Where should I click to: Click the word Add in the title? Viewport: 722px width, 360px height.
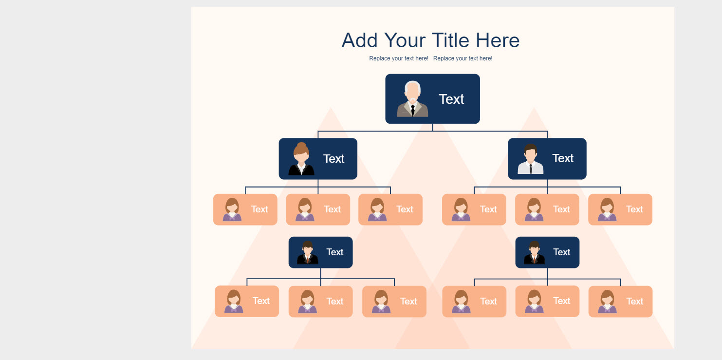(x=359, y=40)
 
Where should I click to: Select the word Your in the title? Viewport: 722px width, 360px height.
(x=405, y=40)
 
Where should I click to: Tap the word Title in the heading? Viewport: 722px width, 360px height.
(x=451, y=40)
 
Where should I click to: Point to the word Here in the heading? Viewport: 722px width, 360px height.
(x=498, y=40)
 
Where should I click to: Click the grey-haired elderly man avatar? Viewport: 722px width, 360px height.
(x=412, y=99)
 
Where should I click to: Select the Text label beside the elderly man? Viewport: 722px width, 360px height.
(x=451, y=99)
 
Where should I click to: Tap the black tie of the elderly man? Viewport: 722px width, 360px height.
(x=412, y=110)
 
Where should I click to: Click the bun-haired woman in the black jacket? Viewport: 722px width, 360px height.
(x=301, y=159)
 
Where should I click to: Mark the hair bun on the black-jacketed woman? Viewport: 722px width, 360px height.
(x=301, y=145)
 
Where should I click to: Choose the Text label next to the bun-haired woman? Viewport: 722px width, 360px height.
(x=333, y=159)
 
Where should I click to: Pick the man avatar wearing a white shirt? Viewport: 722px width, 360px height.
(x=531, y=159)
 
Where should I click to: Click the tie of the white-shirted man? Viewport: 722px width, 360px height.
(x=531, y=169)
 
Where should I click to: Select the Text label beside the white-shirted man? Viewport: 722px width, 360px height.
(x=563, y=158)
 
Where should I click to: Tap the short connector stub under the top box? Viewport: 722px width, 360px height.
(x=432, y=128)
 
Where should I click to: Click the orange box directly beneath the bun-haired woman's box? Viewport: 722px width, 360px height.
(x=318, y=209)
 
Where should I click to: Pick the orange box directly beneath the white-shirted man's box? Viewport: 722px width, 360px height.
(x=547, y=209)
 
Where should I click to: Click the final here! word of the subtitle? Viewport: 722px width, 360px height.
(x=486, y=58)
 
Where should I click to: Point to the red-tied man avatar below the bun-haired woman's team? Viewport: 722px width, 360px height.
(x=308, y=252)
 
